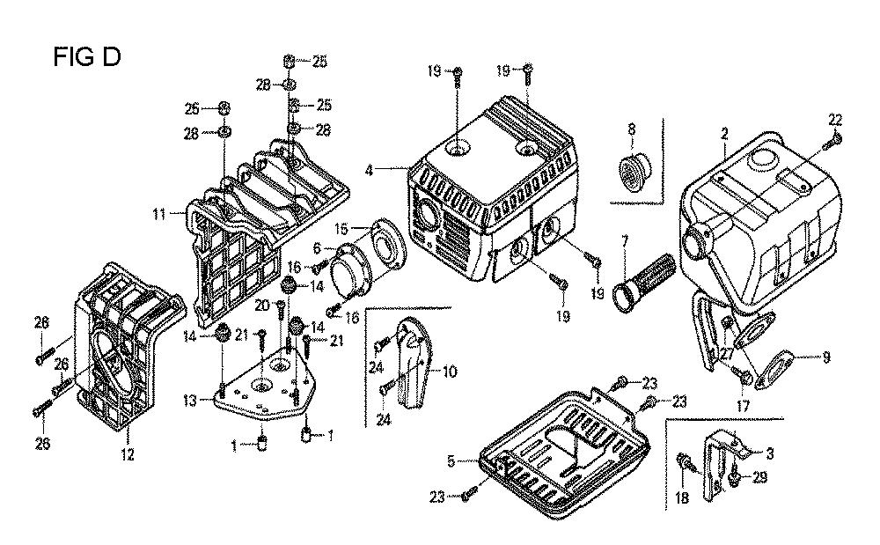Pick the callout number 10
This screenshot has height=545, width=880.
[x=450, y=372]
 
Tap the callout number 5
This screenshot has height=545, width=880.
[x=451, y=460]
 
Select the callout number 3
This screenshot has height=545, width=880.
[x=770, y=454]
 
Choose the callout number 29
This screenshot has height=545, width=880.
[x=759, y=477]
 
